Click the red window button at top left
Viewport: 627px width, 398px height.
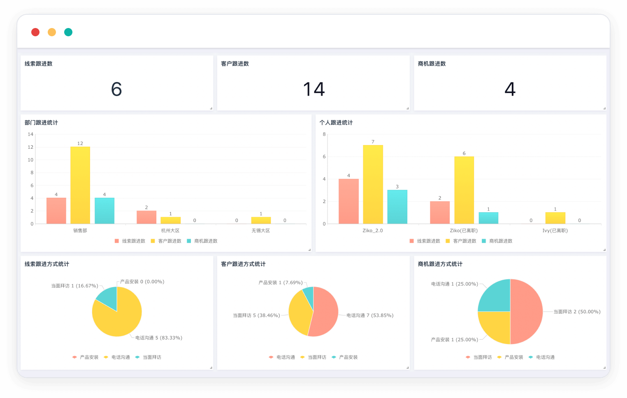(x=35, y=32)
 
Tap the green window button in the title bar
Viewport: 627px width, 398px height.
(x=68, y=32)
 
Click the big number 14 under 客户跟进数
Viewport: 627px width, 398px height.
(x=314, y=89)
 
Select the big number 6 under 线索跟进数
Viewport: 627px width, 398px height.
(x=116, y=89)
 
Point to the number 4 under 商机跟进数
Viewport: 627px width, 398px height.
(x=510, y=89)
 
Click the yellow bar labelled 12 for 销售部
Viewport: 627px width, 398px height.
(x=80, y=185)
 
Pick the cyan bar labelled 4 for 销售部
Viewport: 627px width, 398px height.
(x=104, y=211)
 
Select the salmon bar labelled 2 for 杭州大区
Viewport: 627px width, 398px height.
(x=146, y=217)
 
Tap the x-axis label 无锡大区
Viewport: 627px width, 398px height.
(x=261, y=231)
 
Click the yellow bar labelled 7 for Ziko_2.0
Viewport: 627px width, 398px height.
(x=373, y=185)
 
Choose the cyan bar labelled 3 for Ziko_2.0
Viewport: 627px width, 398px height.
(x=397, y=207)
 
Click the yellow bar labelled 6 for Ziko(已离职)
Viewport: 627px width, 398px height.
(x=464, y=190)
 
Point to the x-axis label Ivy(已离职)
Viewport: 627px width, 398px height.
(x=555, y=231)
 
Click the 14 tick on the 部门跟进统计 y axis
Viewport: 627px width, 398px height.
(x=30, y=134)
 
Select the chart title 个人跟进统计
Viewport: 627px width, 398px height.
(x=336, y=123)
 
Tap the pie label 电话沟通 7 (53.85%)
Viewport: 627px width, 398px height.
(x=370, y=316)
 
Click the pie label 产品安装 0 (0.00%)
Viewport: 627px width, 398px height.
(x=142, y=282)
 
